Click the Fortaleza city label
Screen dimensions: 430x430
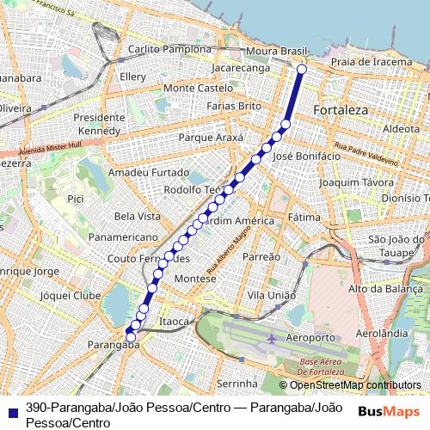click(x=341, y=111)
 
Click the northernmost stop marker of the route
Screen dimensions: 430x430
click(x=301, y=70)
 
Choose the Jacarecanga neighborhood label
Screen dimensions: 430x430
click(x=241, y=66)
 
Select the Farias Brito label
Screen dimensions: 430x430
click(x=234, y=106)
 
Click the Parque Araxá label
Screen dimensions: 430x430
click(x=210, y=138)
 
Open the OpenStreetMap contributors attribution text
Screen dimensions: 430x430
click(x=355, y=384)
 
